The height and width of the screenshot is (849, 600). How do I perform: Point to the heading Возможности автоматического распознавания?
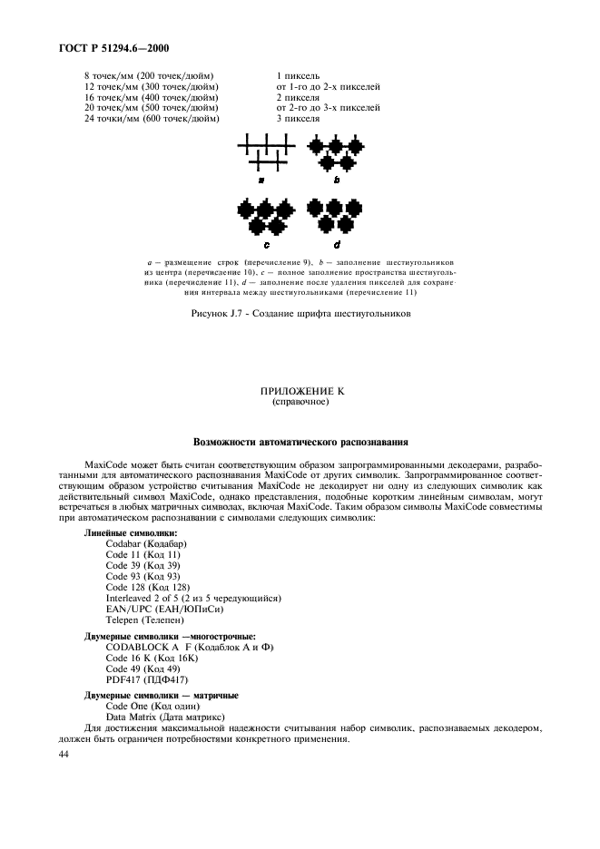tap(300, 443)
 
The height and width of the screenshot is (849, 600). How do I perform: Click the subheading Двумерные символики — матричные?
tap(162, 695)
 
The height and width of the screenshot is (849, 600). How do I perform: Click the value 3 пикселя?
tap(298, 119)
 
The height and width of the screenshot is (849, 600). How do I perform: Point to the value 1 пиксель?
tap(298, 75)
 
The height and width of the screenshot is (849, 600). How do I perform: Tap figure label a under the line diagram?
tap(261, 180)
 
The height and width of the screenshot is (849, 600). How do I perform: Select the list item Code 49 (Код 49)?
tap(144, 668)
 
